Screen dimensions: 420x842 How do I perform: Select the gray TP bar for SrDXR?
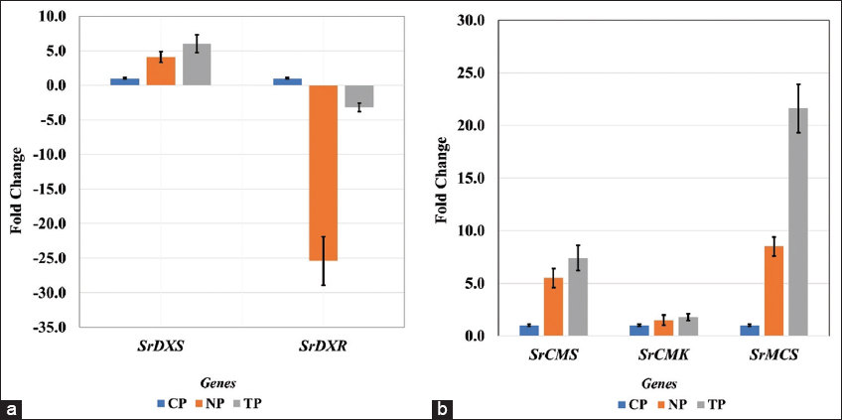click(x=359, y=96)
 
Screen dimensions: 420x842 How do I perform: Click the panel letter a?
click(x=12, y=408)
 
